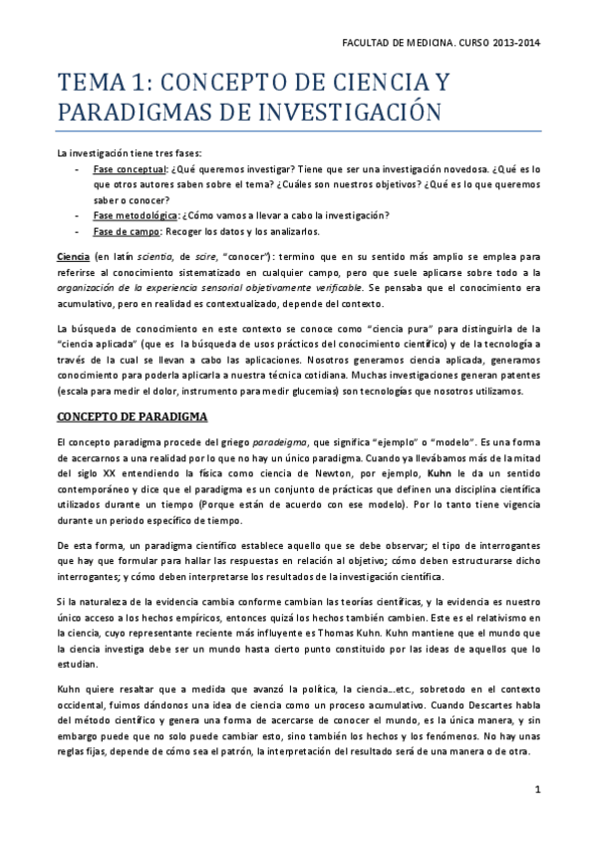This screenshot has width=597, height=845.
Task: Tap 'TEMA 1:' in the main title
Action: pyautogui.click(x=97, y=82)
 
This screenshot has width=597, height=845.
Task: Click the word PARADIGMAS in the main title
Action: pyautogui.click(x=121, y=111)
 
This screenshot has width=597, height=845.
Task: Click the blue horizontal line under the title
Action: pyautogui.click(x=298, y=131)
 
